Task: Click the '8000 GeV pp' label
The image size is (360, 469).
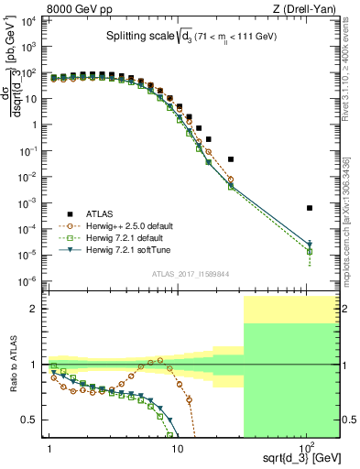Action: click(39, 8)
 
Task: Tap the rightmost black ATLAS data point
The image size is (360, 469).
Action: click(310, 208)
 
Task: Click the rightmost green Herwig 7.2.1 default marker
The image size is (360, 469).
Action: click(310, 251)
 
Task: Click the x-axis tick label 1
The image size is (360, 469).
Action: click(47, 451)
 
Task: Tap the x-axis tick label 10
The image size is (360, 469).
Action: click(177, 451)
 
